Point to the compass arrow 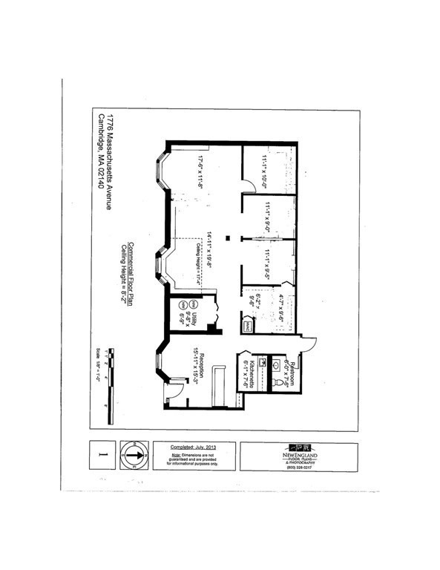(x=131, y=455)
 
